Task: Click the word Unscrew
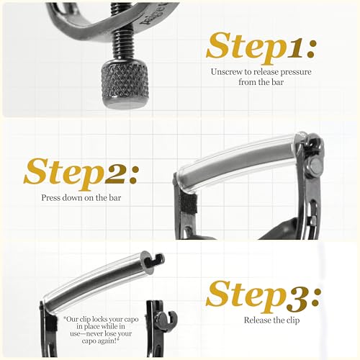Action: (x=228, y=72)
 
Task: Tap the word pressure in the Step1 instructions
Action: (x=296, y=72)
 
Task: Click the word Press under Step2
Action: (x=50, y=198)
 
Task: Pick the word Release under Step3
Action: (x=257, y=320)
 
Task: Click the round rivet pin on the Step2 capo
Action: (x=315, y=166)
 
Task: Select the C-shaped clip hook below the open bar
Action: (x=168, y=319)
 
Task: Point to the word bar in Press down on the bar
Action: (x=115, y=198)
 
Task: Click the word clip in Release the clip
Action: (x=293, y=320)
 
